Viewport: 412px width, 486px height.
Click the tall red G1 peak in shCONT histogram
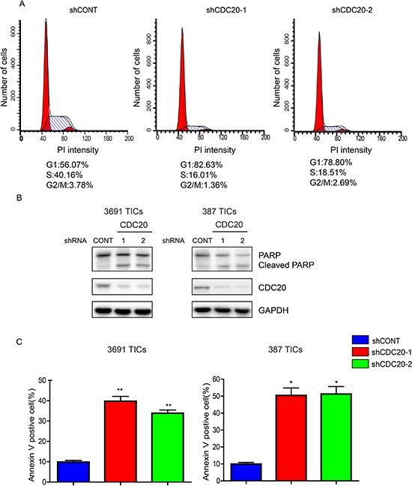click(x=46, y=75)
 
